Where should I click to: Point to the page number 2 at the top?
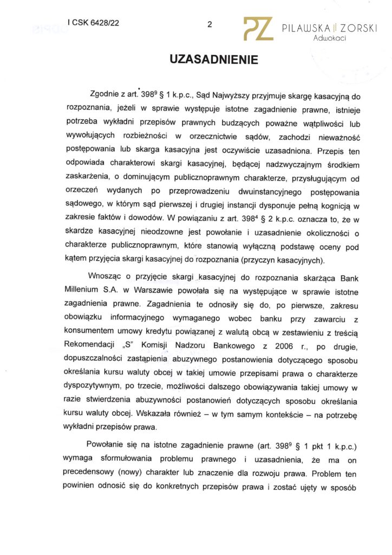pos(210,24)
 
